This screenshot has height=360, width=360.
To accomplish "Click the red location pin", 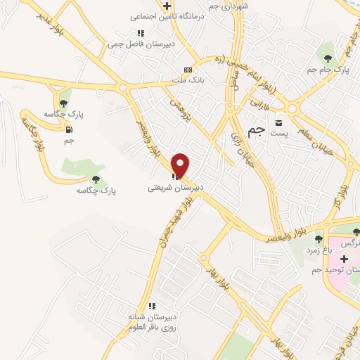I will tap(181, 165).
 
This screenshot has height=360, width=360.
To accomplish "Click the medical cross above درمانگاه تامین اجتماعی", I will tap(167, 6).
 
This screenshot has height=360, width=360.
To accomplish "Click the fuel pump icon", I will tap(68, 129).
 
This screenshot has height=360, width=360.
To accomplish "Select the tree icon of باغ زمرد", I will tap(319, 239).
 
